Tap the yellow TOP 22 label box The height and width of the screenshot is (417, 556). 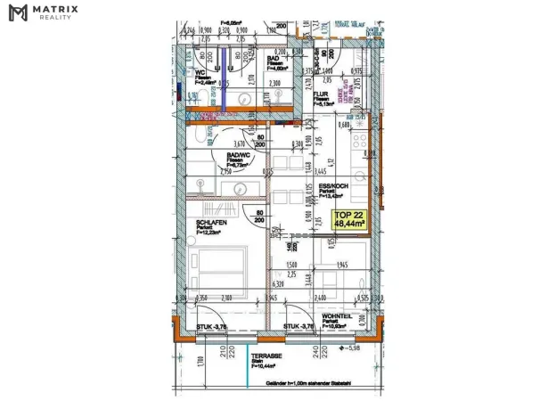click(x=349, y=220)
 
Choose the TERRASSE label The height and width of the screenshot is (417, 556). click(x=267, y=355)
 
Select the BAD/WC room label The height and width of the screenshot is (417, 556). click(x=242, y=154)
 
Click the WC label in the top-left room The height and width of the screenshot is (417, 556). click(x=201, y=73)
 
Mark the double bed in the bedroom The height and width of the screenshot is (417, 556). click(x=220, y=266)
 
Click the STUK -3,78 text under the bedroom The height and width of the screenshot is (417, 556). click(x=211, y=327)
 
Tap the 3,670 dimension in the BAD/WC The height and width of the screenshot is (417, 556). click(x=239, y=143)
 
